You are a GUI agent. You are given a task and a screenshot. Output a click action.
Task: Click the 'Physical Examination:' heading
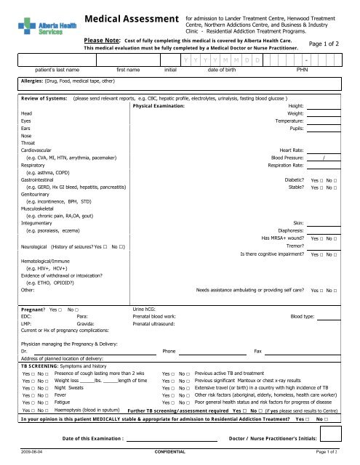pyautogui.click(x=159, y=106)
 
